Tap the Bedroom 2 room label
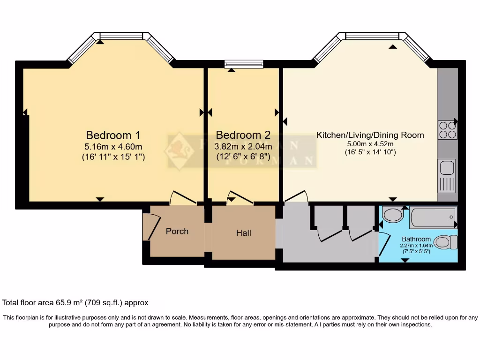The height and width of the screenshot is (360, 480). point(243,135)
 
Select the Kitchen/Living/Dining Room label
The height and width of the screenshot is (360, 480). point(370,135)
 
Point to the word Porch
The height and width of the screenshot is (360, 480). point(177,231)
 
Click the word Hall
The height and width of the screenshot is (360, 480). point(244,232)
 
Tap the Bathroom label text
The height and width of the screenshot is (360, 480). point(416,239)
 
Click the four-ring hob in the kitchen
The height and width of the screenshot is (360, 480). point(447,130)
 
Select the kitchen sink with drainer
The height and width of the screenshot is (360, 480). point(447,176)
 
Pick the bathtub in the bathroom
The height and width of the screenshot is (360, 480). point(433,217)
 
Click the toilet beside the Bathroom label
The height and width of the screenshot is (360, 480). point(446,242)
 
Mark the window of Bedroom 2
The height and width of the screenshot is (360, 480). point(244,64)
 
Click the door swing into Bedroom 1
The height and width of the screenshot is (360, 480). point(183,198)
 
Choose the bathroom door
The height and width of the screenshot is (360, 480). point(384,244)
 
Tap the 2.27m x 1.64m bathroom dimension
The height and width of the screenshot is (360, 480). point(416,246)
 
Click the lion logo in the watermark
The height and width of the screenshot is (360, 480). point(180,151)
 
